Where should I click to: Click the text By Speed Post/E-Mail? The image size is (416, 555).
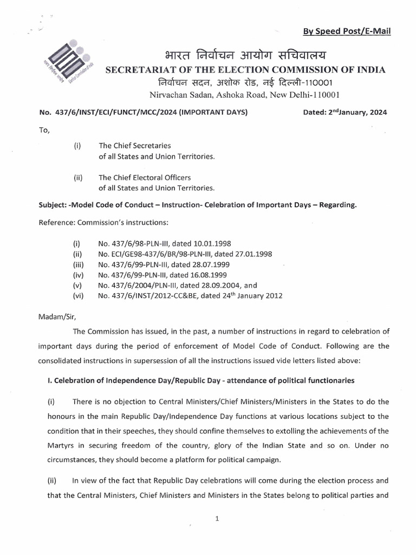347,31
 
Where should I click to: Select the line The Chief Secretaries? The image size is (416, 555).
134,146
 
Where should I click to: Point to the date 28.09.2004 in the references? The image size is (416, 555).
220,286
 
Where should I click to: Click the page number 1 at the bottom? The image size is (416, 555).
216,519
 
